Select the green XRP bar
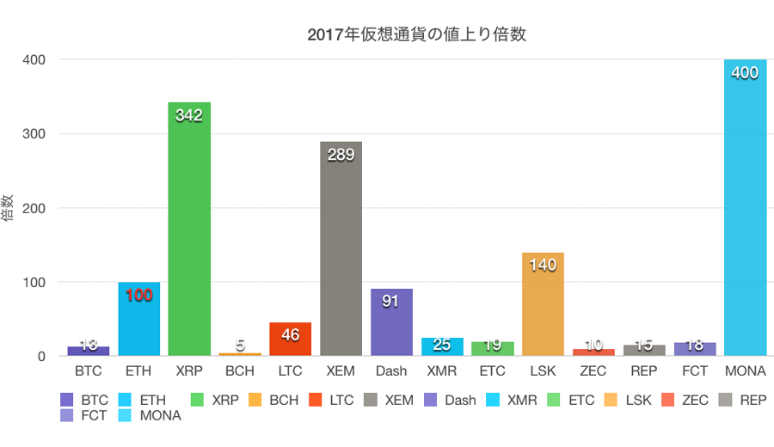point(189,232)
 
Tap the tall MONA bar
point(745,215)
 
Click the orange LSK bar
point(543,309)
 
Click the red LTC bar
point(290,340)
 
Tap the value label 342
point(189,115)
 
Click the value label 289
point(341,155)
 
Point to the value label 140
point(543,266)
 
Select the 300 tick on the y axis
point(34,134)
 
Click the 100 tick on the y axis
point(34,282)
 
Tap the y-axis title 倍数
point(8,208)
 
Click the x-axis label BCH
point(240,373)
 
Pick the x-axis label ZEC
point(593,373)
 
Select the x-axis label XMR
point(442,373)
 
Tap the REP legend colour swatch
point(720,401)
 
